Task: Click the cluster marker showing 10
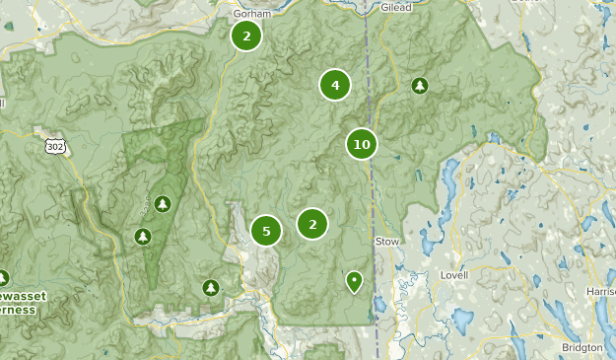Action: (362, 145)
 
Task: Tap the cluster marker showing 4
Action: (335, 86)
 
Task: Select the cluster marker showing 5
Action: (265, 232)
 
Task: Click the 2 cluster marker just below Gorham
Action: (246, 36)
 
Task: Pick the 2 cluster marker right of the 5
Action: (312, 224)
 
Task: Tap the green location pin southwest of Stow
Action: (353, 282)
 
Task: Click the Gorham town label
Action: (250, 15)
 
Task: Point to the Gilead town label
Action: (395, 6)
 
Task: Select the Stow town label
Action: (385, 240)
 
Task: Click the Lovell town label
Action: (453, 275)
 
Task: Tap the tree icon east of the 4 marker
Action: (420, 86)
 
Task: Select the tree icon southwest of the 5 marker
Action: (210, 287)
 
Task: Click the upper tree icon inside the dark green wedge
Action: (163, 203)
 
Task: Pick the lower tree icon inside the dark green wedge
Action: (142, 237)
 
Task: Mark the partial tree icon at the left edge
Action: (3, 278)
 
